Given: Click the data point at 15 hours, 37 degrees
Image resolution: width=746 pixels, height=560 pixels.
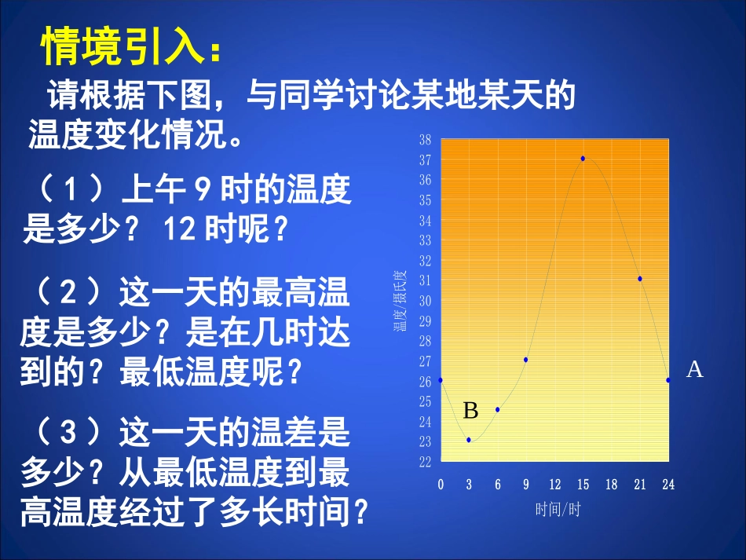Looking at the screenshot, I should click(583, 159).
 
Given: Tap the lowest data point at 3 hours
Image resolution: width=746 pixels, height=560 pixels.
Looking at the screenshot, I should click(469, 440).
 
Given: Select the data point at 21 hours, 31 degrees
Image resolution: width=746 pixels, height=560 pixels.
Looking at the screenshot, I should click(640, 279).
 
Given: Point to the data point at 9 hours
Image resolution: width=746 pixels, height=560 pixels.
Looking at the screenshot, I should click(526, 360).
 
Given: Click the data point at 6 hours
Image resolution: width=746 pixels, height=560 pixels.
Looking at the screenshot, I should click(498, 409).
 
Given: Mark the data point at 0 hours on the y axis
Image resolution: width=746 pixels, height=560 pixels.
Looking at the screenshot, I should click(441, 380).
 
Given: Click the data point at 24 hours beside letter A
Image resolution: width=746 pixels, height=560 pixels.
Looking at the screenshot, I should click(668, 380).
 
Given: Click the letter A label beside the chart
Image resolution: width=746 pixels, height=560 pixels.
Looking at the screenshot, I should click(694, 370).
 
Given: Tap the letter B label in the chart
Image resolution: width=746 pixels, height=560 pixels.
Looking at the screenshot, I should click(470, 411).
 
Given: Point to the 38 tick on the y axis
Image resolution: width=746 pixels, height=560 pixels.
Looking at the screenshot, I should click(425, 140).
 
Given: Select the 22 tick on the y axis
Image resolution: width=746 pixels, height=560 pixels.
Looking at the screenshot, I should click(425, 462).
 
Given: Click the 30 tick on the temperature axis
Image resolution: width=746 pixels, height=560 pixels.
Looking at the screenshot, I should click(425, 301).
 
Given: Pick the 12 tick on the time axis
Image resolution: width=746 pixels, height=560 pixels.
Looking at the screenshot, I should click(554, 485).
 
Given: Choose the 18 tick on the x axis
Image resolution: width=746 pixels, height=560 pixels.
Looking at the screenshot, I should click(612, 485).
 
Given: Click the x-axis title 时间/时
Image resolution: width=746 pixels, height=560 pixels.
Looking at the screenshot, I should click(558, 511).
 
